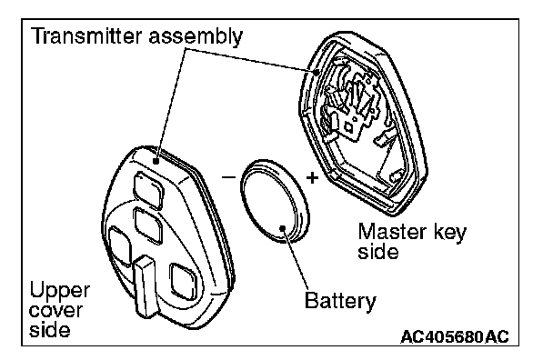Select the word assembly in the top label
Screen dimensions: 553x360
(196, 37)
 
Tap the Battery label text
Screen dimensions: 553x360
(340, 302)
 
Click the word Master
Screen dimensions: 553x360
(391, 232)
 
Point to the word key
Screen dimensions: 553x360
(448, 233)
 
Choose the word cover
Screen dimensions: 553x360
(55, 310)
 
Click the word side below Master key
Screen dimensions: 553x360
(378, 252)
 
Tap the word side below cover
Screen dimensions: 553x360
(49, 330)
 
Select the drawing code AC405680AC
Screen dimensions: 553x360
(455, 336)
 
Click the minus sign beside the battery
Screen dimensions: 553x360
(228, 176)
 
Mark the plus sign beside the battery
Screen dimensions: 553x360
(312, 178)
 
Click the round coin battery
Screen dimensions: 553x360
(275, 201)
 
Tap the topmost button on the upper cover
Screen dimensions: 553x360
(148, 190)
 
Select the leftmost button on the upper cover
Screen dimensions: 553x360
(120, 246)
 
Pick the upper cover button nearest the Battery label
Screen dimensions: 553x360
(182, 282)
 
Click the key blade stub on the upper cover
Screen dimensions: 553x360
(146, 285)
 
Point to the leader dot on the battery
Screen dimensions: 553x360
(283, 228)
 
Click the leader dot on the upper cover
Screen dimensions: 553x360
(156, 162)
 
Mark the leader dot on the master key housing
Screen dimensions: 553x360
(317, 73)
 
